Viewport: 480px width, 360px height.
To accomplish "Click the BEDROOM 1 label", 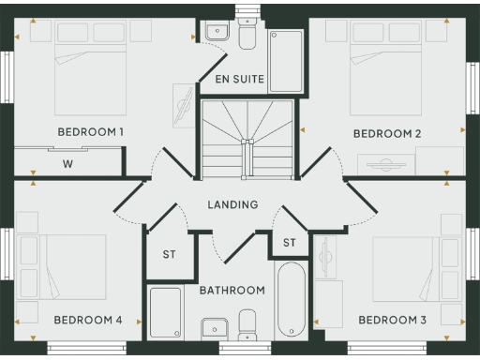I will (x=90, y=132).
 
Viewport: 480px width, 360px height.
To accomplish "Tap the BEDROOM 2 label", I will (x=386, y=134).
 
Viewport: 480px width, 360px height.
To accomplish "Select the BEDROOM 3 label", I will (x=392, y=321).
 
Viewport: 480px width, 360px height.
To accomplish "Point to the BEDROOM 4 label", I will (x=88, y=321).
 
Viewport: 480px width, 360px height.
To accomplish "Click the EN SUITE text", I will (x=239, y=80).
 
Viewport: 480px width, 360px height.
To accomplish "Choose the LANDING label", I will (x=233, y=204).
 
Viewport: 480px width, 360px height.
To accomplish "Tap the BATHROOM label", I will (x=232, y=291).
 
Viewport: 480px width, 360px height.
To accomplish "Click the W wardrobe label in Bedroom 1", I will (x=68, y=164).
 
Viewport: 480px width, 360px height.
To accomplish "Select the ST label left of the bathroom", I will (x=170, y=254).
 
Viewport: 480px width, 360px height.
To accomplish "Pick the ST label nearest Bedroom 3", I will (x=289, y=244).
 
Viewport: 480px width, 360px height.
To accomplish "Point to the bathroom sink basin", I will (x=215, y=329).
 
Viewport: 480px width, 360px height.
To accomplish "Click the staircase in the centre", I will (x=247, y=141).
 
